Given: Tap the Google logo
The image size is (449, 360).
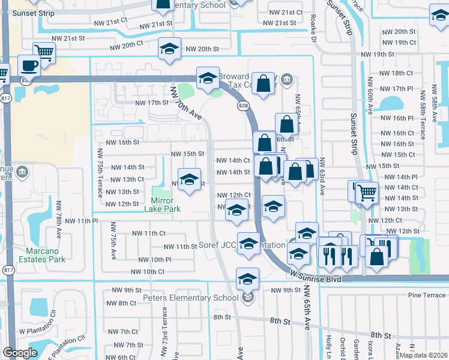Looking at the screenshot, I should (20, 353).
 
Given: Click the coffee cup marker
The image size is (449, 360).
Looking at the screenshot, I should (29, 64).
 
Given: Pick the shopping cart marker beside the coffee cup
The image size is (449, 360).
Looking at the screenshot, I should (44, 52).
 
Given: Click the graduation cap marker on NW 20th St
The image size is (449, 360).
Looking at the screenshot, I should (170, 49).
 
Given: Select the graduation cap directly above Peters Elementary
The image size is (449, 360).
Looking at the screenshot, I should (247, 278).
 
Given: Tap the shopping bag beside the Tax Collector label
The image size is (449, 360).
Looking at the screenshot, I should (263, 83).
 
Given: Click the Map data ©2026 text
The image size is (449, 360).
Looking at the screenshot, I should (423, 355).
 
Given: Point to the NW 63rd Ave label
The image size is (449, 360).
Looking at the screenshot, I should (322, 176).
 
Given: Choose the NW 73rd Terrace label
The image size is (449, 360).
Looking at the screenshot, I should (164, 326).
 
